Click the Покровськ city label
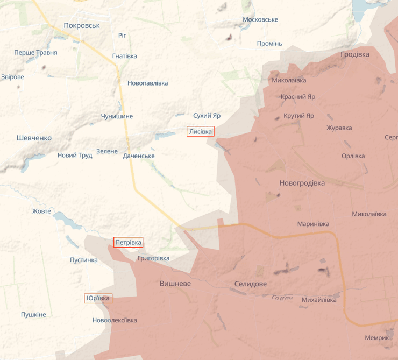point(82,25)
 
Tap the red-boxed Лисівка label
point(201,131)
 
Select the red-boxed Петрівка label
point(129,243)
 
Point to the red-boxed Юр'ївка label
point(98,298)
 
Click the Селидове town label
point(250,284)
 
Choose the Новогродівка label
point(302,183)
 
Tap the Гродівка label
point(355,55)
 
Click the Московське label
point(260,19)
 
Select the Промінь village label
point(269,44)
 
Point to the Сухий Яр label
point(207,116)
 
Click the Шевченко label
point(34,138)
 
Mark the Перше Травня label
point(35,53)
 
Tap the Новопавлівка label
point(147,83)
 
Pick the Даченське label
point(139,156)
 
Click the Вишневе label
point(175,284)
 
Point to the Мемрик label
point(376,338)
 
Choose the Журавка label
point(339,128)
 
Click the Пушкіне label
point(33,315)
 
